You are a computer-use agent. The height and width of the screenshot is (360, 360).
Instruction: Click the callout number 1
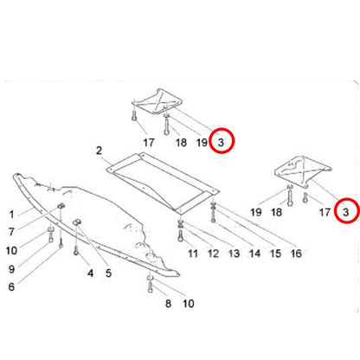[x=11, y=215]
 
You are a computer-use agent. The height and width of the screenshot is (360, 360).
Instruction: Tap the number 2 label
[x=99, y=151]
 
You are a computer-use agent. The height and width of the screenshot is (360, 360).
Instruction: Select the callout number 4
[x=91, y=273]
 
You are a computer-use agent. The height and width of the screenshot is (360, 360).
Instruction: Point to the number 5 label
[x=108, y=273]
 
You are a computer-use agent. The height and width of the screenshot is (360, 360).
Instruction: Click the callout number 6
[x=11, y=286]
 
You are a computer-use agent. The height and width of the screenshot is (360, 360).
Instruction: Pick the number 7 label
[x=11, y=232]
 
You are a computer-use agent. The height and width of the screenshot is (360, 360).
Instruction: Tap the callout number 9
[x=11, y=269]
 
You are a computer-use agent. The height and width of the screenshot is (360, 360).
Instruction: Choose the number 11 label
[x=193, y=254]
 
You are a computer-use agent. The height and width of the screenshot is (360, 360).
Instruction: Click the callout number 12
[x=213, y=254]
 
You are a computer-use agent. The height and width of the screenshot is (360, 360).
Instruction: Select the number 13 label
[x=234, y=254]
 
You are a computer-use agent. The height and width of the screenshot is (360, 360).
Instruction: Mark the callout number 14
[x=254, y=254]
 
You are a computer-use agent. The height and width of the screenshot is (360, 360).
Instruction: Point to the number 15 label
[x=275, y=254]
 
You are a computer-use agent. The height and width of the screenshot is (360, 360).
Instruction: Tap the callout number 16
[x=296, y=254]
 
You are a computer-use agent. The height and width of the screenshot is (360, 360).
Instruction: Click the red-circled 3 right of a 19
[x=221, y=142]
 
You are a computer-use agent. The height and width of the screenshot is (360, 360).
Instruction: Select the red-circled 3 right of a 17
[x=346, y=213]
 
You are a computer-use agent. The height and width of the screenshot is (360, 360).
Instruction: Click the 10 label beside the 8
[x=189, y=304]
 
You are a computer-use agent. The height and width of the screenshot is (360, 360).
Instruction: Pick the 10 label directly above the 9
[x=11, y=251]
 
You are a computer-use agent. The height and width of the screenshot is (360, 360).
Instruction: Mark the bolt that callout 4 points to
[x=76, y=250]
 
